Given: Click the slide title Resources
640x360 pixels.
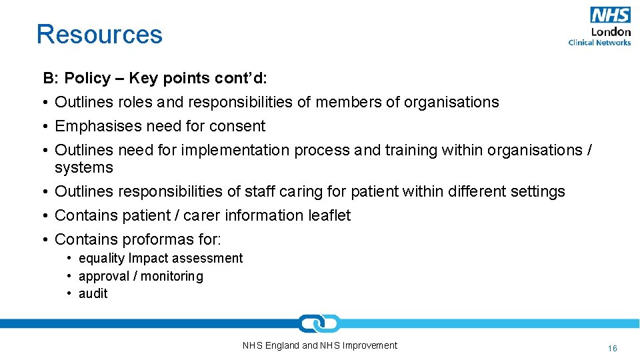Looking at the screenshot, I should point(99,34).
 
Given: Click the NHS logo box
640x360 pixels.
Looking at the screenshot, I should point(609,15).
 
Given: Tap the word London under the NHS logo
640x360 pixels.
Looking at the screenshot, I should point(611,31).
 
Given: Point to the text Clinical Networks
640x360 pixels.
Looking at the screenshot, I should point(599,43).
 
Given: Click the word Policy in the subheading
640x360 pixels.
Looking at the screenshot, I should point(87,78).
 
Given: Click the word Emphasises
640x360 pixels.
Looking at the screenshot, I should point(99,126).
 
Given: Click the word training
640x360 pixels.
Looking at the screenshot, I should point(411,150).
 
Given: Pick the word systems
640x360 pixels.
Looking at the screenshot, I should point(84,167).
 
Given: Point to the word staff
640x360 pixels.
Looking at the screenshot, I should point(259,191).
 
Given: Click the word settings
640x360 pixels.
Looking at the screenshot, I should point(537,191).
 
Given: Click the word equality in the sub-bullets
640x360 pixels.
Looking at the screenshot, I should point(101,258).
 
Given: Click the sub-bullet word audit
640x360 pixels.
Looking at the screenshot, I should point(93,293).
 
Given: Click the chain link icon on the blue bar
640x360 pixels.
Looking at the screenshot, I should point(319,324).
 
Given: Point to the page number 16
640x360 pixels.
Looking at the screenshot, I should point(613,348).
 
